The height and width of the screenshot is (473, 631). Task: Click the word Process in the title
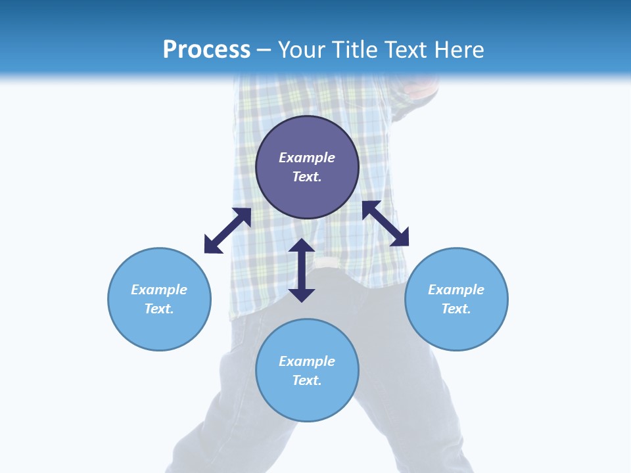point(206,50)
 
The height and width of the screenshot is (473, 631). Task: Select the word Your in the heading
point(302,50)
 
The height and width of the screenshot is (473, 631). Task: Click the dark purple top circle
point(307,138)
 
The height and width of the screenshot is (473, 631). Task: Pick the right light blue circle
point(456,325)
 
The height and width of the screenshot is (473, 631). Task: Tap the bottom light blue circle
point(307,397)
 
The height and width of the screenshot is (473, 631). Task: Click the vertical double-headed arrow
point(302,270)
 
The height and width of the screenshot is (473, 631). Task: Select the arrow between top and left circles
point(227,231)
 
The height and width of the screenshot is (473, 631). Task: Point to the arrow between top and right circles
point(385,223)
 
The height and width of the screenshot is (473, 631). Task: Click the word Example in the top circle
point(307,158)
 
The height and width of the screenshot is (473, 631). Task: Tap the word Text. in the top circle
point(307,177)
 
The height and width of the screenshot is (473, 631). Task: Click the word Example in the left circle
point(159,290)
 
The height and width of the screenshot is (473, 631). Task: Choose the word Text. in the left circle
point(159,309)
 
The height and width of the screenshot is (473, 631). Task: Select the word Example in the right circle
point(456,290)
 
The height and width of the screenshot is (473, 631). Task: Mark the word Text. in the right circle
point(456,309)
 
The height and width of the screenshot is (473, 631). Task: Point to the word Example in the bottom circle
point(307,361)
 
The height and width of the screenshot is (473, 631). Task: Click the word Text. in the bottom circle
point(307,380)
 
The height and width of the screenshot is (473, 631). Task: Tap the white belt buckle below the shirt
point(327,263)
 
